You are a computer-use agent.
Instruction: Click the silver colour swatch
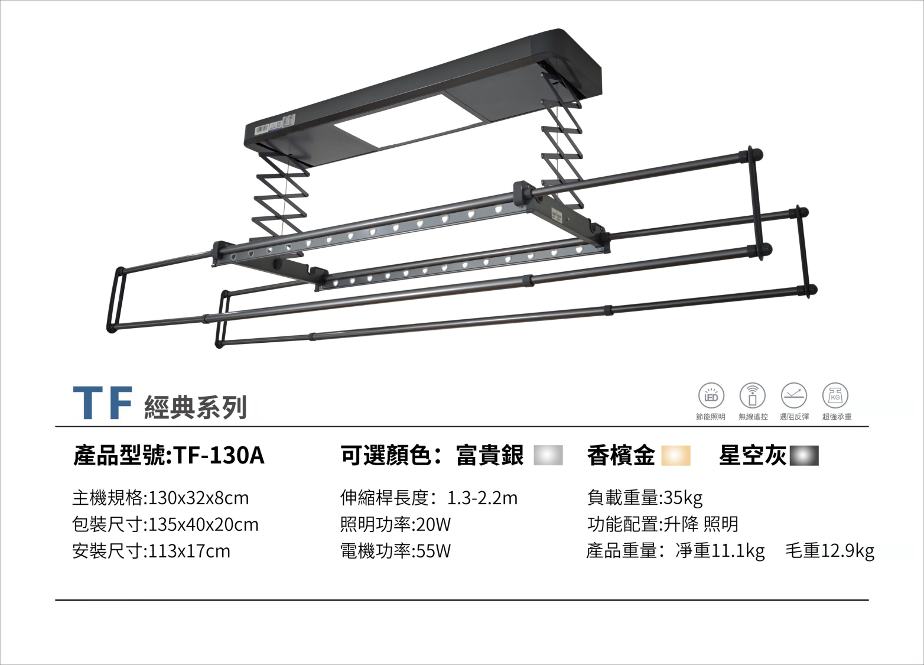(x=548, y=456)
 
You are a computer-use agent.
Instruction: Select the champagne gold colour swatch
(x=676, y=456)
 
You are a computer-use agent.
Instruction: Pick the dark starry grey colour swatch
(x=804, y=456)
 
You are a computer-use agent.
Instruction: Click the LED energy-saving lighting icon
(x=711, y=396)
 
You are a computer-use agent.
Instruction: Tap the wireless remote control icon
(x=752, y=396)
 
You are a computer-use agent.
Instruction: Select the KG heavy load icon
(x=835, y=396)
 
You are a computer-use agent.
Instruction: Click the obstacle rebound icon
(x=793, y=396)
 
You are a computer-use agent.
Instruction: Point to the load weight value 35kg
(x=683, y=498)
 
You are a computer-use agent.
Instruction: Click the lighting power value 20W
(x=433, y=524)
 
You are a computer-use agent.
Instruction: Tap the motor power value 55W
(x=433, y=551)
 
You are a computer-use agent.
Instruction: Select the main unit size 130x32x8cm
(x=199, y=498)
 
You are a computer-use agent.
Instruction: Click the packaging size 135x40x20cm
(x=203, y=524)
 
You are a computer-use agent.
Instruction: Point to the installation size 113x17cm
(x=189, y=551)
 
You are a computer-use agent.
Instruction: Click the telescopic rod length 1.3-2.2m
(x=482, y=498)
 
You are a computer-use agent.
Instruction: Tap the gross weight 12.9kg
(x=847, y=551)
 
